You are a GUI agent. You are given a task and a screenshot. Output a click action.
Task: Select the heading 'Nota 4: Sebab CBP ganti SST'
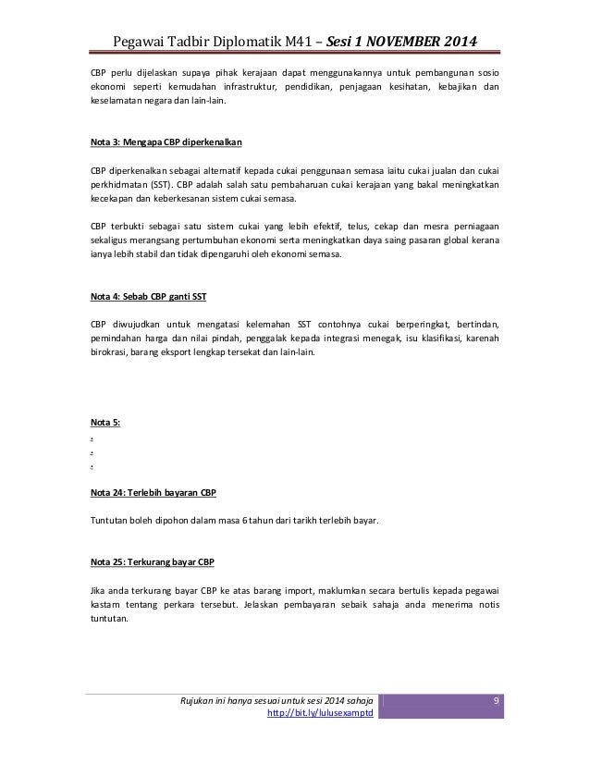pyautogui.click(x=148, y=298)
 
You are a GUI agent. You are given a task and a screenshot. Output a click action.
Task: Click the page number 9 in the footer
pyautogui.click(x=496, y=700)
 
